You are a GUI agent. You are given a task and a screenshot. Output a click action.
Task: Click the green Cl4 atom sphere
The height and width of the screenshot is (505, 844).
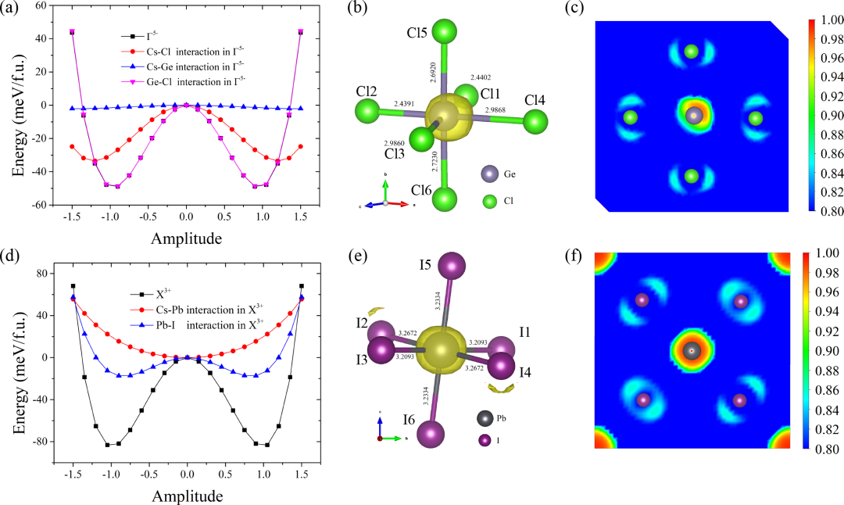pyautogui.click(x=535, y=122)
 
